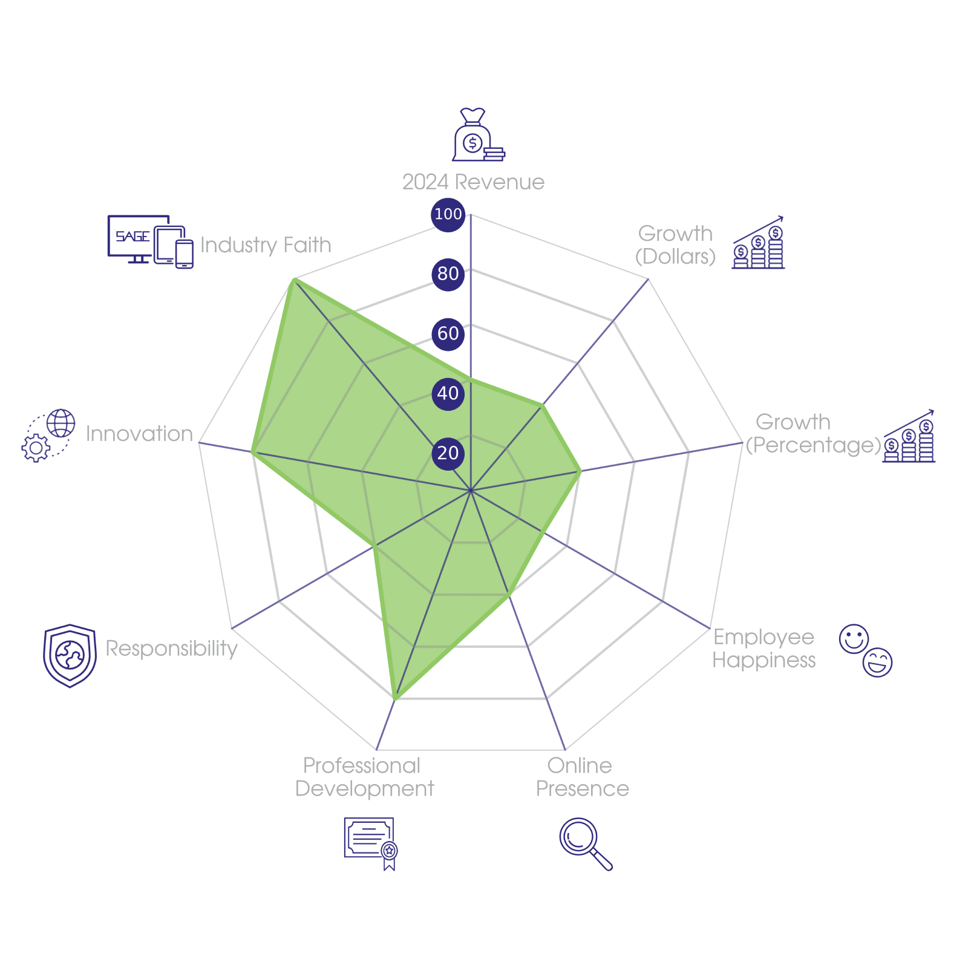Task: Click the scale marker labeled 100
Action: tap(448, 214)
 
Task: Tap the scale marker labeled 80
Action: tap(448, 274)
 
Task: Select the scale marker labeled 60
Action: tap(448, 333)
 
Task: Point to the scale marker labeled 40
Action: tap(448, 393)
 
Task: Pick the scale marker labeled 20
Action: tap(448, 453)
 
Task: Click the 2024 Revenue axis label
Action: tap(473, 182)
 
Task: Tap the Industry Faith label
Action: tap(266, 245)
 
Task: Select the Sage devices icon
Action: tap(150, 241)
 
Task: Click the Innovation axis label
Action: tap(139, 434)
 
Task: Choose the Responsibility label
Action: tap(172, 648)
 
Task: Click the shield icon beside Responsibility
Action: tap(70, 655)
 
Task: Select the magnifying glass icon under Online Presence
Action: tap(585, 843)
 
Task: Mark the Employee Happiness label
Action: tap(764, 648)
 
